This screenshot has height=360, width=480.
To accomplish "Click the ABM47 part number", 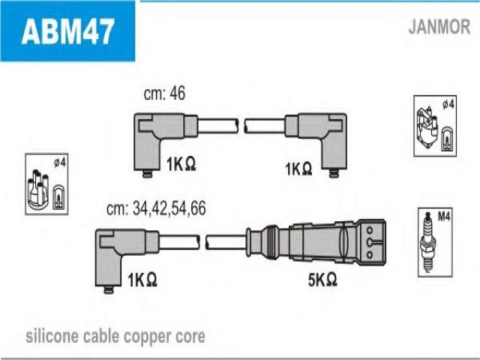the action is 68,31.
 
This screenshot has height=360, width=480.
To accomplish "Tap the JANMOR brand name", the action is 439,27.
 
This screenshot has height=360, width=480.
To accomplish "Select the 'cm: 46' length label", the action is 164,93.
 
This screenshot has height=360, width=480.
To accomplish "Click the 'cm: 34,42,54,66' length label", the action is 156,208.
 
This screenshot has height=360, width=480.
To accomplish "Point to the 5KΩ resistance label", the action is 322,279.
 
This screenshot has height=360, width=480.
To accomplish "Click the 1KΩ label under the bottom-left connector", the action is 142,280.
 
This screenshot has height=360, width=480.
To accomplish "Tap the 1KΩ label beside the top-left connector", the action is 181,164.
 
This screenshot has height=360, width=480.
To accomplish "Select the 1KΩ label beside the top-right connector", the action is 298,169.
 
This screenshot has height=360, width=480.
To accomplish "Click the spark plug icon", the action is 428,241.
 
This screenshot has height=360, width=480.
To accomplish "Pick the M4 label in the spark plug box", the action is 444,217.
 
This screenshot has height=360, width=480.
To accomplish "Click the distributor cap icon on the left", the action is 37,190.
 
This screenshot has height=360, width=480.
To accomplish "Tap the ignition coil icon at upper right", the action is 427,127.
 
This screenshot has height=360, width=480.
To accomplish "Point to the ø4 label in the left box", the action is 60,163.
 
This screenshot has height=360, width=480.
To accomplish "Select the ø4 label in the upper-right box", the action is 448,104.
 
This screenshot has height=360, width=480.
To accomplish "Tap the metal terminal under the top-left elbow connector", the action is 147,173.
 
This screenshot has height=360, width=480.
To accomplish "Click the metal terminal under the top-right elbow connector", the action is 334,173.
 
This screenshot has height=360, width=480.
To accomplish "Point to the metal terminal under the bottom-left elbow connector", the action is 108,289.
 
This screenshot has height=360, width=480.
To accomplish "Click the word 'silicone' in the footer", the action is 52,336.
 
